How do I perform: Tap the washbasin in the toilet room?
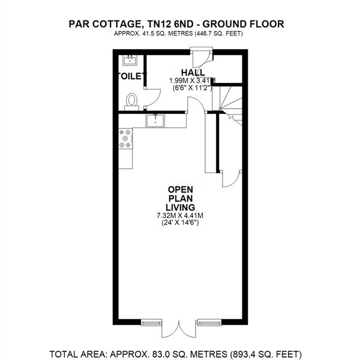coord(130,59)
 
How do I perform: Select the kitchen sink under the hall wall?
coord(157,120)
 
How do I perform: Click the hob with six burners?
coord(126,139)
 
